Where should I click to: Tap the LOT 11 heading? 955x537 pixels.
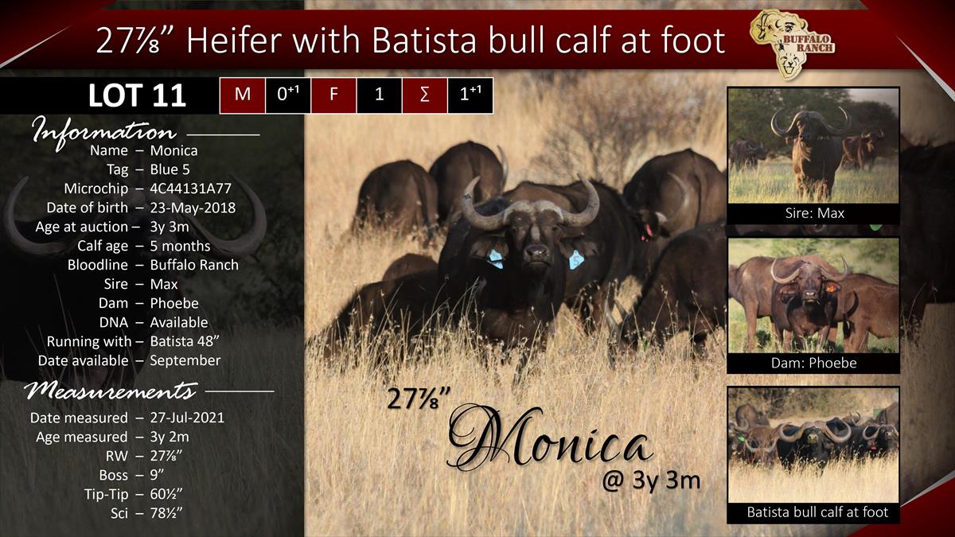[x=137, y=95]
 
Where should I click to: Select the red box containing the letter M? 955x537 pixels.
[x=242, y=95]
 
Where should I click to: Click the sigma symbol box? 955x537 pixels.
[x=425, y=95]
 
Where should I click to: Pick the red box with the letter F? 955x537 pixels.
[x=333, y=95]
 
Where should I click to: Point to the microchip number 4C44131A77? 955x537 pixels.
[x=190, y=189]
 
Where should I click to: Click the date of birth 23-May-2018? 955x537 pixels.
[x=193, y=208]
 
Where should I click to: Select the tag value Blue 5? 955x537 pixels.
[x=170, y=169]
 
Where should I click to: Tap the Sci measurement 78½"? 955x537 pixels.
[x=166, y=512]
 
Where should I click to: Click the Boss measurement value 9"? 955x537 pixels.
[x=157, y=475]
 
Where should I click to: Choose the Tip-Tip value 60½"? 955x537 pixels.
[x=166, y=494]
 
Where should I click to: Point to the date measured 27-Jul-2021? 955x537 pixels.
[x=187, y=417]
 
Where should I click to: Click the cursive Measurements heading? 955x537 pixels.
[x=111, y=391]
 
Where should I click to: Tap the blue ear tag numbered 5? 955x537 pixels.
[x=575, y=260]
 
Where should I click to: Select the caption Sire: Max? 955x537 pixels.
[x=814, y=213]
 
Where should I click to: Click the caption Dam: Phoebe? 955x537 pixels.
[x=814, y=363]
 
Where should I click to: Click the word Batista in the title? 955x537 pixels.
[x=423, y=40]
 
